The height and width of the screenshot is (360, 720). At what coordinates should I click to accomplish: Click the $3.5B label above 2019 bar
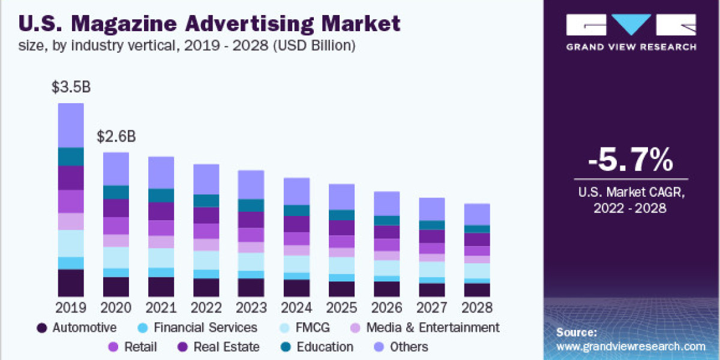[x=71, y=88]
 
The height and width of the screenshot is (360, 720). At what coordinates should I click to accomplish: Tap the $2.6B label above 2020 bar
[x=116, y=137]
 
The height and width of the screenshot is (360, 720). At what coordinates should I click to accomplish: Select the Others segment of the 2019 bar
[x=71, y=125]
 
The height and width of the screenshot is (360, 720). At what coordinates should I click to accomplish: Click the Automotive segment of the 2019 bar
[x=71, y=283]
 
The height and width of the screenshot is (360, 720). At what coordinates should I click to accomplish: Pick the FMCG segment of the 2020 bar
[x=116, y=257]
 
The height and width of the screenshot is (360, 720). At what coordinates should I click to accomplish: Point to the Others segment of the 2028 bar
[x=477, y=214]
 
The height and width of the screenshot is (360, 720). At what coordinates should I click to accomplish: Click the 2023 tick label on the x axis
[x=251, y=308]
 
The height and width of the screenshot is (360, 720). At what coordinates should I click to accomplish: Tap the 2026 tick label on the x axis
[x=387, y=308]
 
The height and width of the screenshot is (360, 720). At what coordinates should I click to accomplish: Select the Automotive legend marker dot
[x=41, y=328]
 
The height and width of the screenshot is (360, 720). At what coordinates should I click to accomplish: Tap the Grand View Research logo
[x=631, y=34]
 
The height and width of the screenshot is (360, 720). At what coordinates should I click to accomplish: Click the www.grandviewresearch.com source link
[x=631, y=346]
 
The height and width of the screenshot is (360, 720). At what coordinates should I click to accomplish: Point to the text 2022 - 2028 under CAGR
[x=631, y=208]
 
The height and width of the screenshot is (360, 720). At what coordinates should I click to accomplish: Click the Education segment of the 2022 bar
[x=206, y=200]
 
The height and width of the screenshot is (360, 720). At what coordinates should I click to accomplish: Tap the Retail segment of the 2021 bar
[x=161, y=228]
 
